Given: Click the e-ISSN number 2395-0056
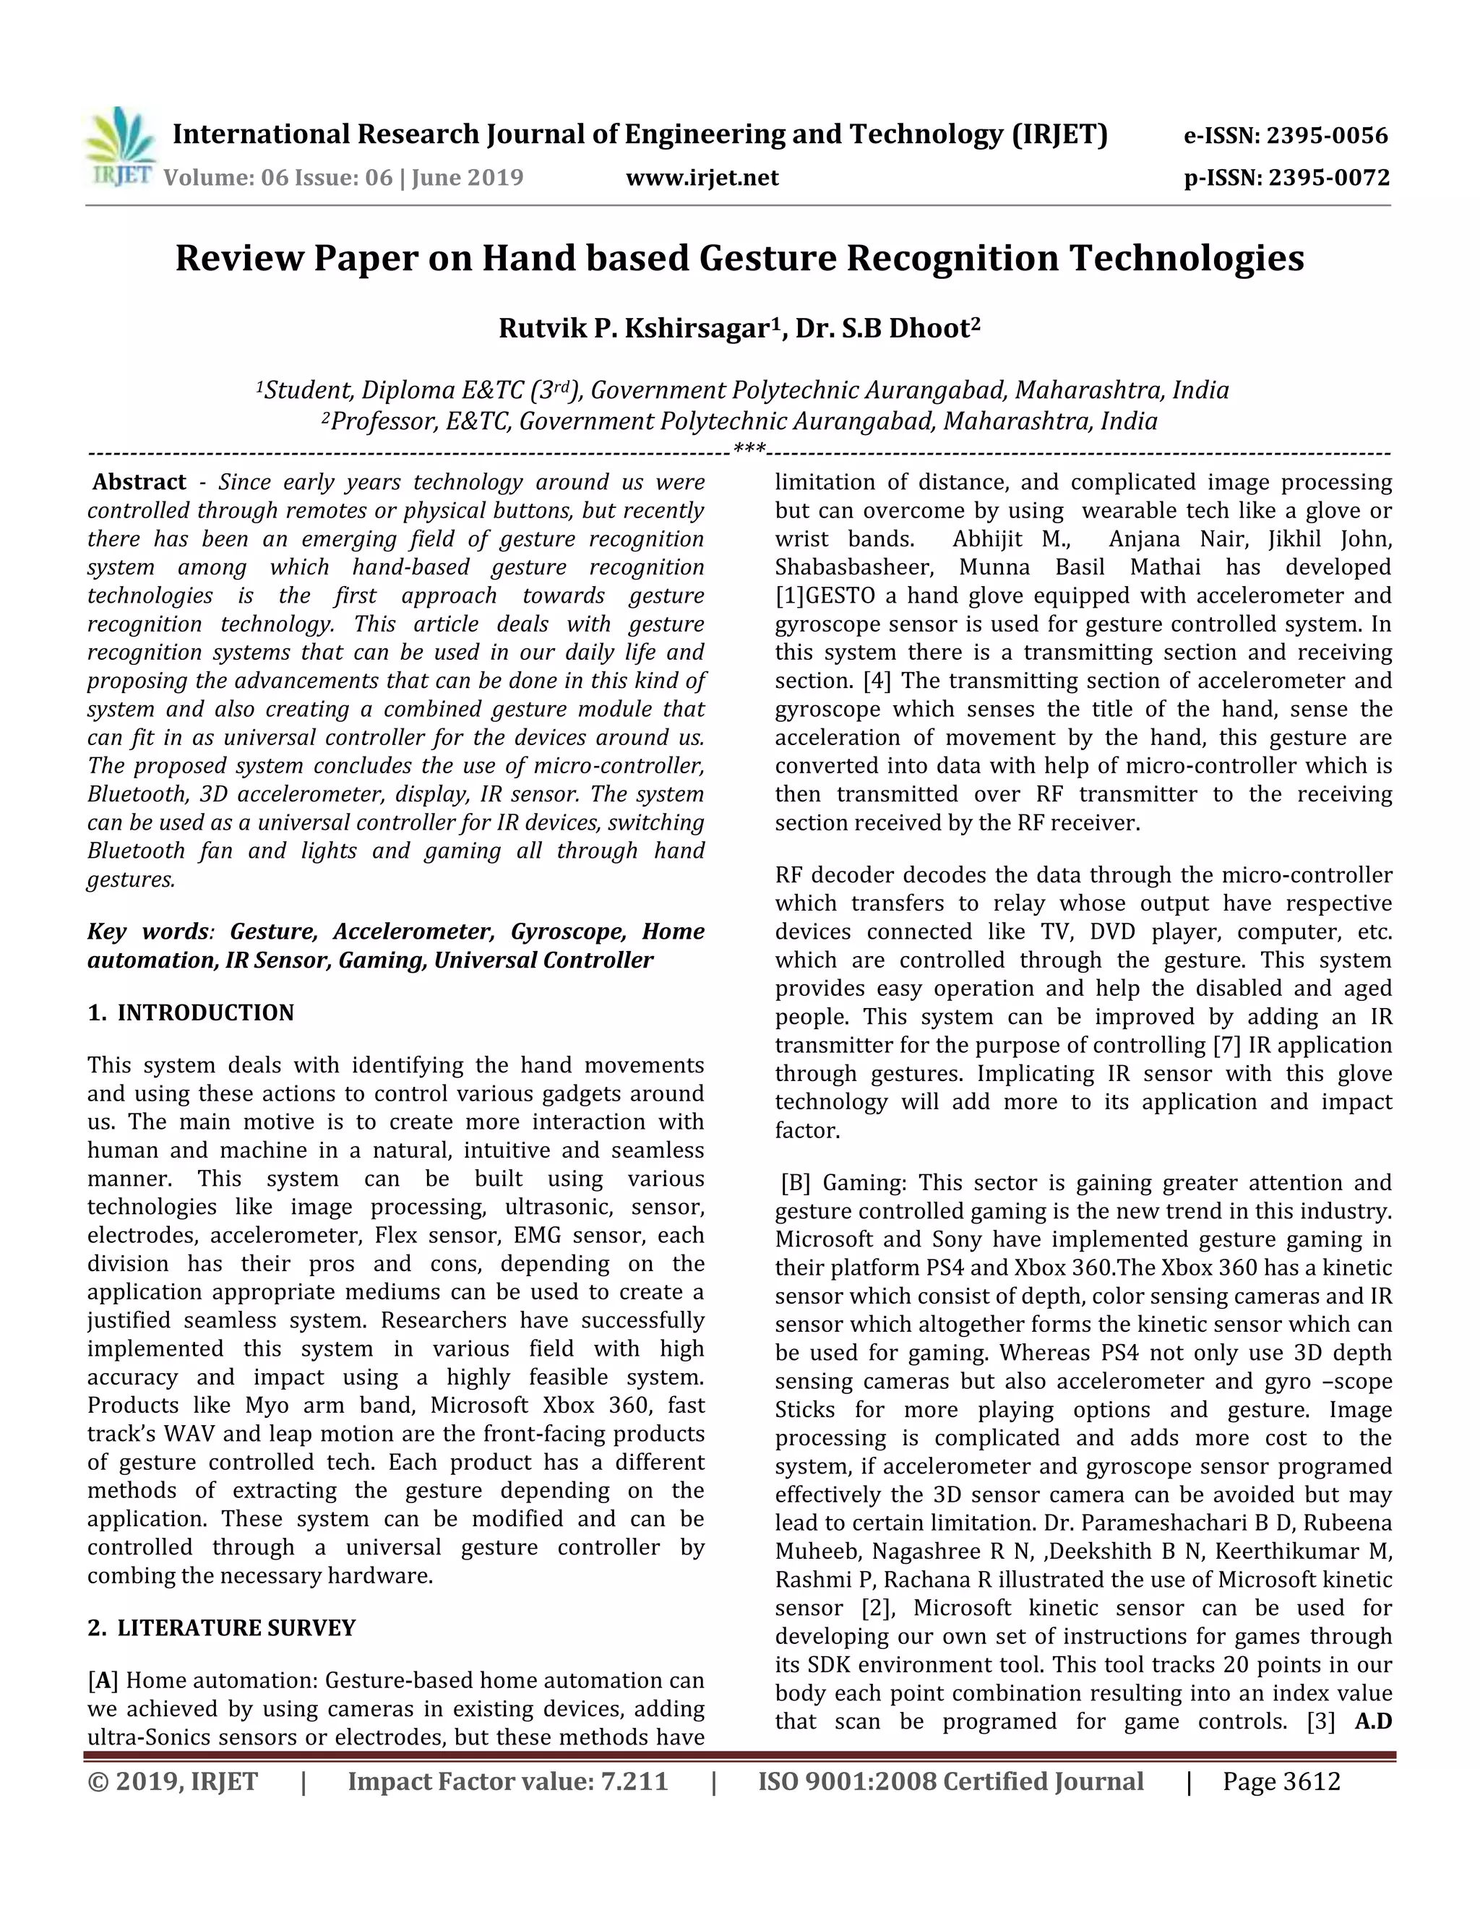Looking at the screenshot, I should click(x=1328, y=136).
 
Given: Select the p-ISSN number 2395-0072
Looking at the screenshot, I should click(x=1329, y=178).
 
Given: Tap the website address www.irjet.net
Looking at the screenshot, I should click(x=702, y=178).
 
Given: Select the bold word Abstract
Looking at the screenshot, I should click(x=139, y=482).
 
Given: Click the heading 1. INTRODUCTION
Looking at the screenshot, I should click(x=190, y=1012).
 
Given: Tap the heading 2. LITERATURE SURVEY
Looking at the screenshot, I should click(x=221, y=1628).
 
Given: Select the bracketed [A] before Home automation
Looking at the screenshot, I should click(x=103, y=1681).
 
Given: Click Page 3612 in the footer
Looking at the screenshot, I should click(x=1281, y=1782).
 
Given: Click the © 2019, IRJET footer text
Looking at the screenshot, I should click(x=173, y=1782).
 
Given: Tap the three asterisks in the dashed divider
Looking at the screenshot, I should click(x=749, y=451).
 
